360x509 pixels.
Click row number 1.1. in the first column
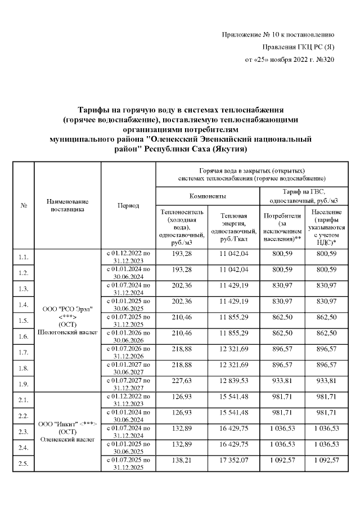click(x=23, y=257)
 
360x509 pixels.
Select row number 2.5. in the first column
click(x=23, y=464)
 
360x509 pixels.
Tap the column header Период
click(x=128, y=206)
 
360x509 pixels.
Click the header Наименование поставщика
click(x=67, y=205)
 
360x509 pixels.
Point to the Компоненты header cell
click(x=208, y=196)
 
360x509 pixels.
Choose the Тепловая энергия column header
click(x=234, y=227)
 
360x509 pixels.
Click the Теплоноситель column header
click(x=181, y=227)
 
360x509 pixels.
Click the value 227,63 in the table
click(x=181, y=381)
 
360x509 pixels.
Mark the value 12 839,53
click(x=234, y=381)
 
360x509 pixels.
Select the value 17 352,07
click(x=234, y=460)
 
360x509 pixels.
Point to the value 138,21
click(x=181, y=460)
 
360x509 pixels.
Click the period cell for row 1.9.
click(x=128, y=385)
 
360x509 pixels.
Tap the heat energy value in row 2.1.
click(x=234, y=397)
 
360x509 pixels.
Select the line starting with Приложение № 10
click(x=278, y=35)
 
